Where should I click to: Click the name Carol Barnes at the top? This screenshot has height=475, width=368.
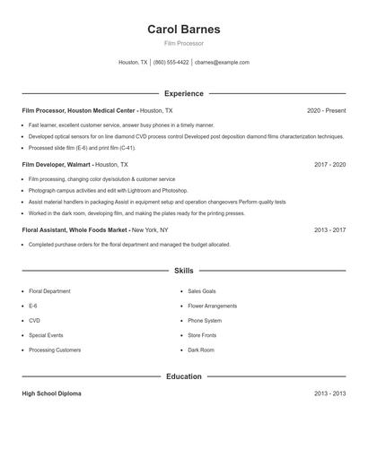pyautogui.click(x=183, y=29)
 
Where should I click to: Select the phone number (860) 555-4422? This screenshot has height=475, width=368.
pyautogui.click(x=171, y=63)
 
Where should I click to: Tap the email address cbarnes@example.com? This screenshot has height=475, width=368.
pyautogui.click(x=222, y=63)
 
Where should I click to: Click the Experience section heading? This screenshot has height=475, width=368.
pyautogui.click(x=183, y=93)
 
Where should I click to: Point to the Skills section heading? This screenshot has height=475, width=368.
pyautogui.click(x=183, y=270)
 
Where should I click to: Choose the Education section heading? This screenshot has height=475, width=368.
pyautogui.click(x=183, y=376)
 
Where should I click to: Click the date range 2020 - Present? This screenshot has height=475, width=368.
pyautogui.click(x=326, y=110)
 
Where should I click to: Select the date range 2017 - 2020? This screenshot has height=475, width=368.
pyautogui.click(x=329, y=165)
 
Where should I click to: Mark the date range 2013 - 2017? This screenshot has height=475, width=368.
pyautogui.click(x=329, y=229)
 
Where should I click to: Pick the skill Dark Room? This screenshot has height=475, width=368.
pyautogui.click(x=201, y=350)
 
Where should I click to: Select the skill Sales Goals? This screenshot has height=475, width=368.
pyautogui.click(x=202, y=291)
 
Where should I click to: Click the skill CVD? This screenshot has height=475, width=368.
pyautogui.click(x=34, y=320)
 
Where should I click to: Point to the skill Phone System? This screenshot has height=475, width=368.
pyautogui.click(x=205, y=320)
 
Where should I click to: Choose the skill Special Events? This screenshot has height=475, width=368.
pyautogui.click(x=45, y=335)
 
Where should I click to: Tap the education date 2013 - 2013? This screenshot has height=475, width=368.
pyautogui.click(x=329, y=393)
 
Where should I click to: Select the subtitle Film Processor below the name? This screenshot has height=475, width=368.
pyautogui.click(x=183, y=43)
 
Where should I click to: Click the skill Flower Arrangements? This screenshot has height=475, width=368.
pyautogui.click(x=212, y=306)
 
